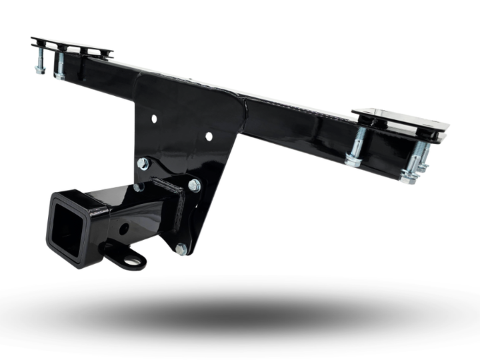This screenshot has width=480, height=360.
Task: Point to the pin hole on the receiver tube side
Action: [124, 228]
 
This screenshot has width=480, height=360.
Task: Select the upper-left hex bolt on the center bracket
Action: [143, 163]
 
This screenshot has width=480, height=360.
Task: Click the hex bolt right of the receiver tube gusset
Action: [194, 185]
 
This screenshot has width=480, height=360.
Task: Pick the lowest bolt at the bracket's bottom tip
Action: [181, 249]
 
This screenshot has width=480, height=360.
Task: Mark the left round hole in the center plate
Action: [154, 119]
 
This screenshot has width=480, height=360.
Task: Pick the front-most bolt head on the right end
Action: [407, 176]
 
